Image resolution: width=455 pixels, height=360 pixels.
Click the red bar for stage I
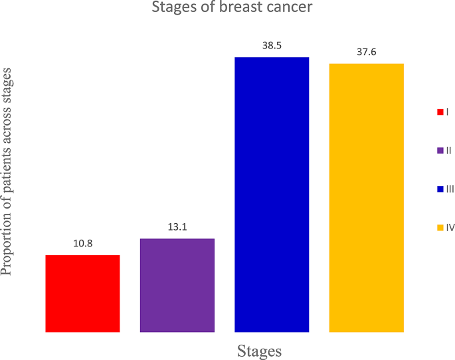pyautogui.click(x=82, y=293)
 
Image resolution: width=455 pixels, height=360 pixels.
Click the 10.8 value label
pyautogui.click(x=82, y=244)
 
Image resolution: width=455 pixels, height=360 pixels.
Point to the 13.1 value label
pyautogui.click(x=177, y=227)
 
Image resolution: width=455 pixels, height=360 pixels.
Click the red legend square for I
pyautogui.click(x=440, y=112)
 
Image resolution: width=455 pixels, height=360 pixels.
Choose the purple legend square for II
pyautogui.click(x=440, y=151)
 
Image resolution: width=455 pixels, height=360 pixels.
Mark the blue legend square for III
pyautogui.click(x=440, y=189)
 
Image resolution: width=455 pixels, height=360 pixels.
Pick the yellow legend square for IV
pyautogui.click(x=440, y=228)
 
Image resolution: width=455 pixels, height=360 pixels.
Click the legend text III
pyautogui.click(x=450, y=189)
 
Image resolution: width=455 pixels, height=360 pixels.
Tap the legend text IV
pyautogui.click(x=450, y=228)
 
